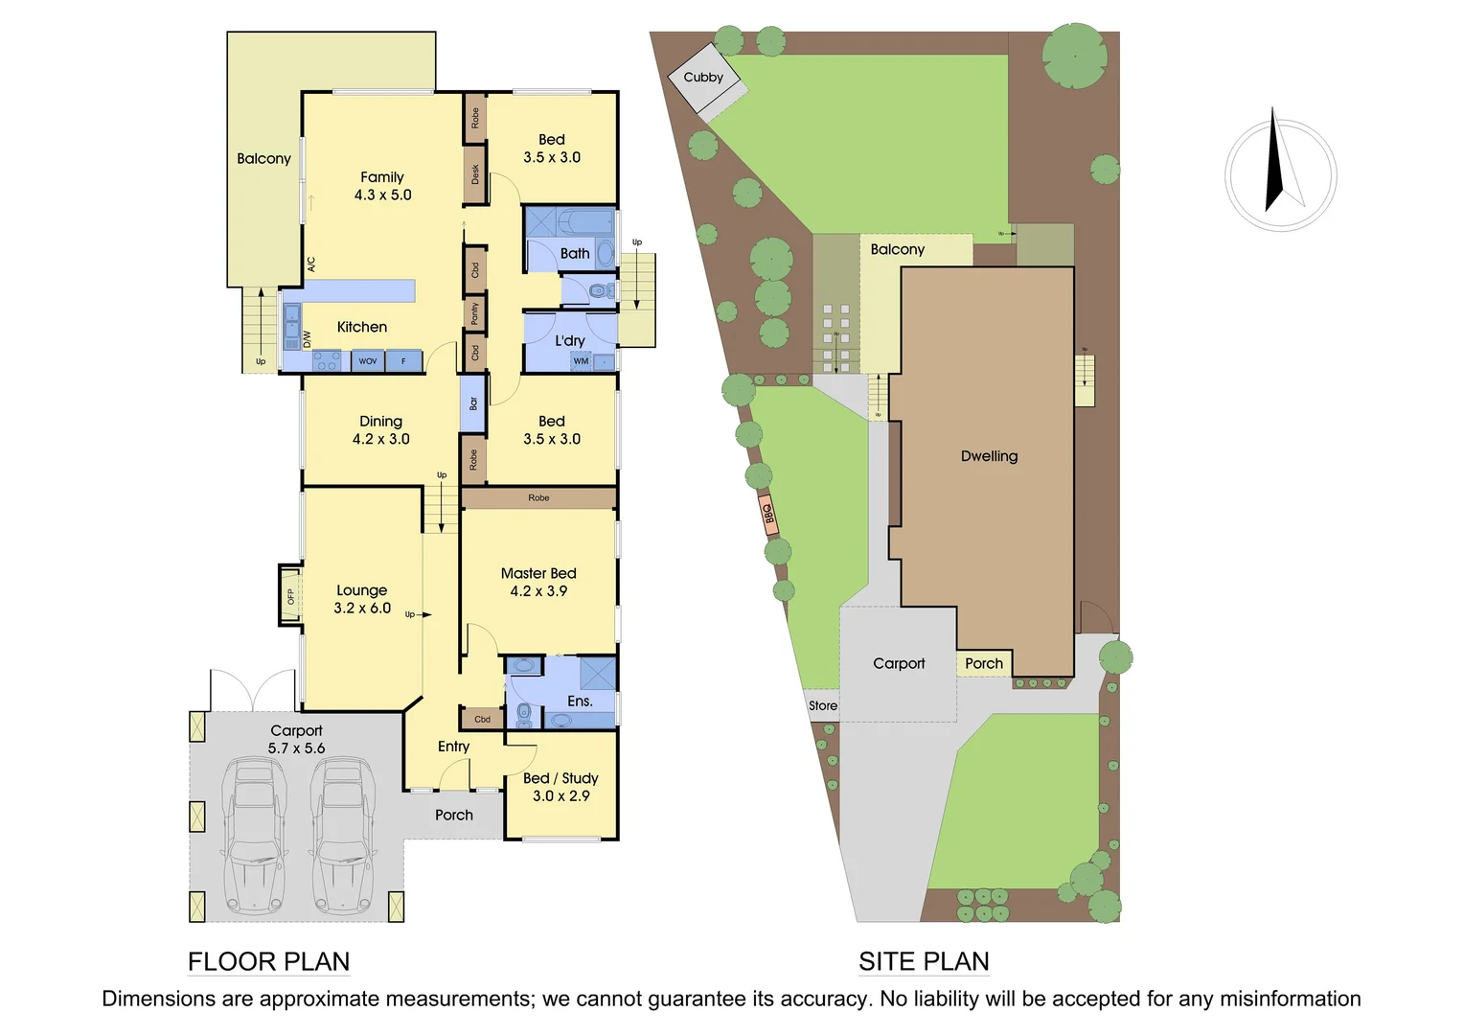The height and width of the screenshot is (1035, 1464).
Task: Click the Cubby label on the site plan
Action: point(703,78)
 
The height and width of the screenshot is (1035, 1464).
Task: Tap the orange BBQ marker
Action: point(767,514)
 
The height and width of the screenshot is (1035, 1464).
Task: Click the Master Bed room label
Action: point(538,573)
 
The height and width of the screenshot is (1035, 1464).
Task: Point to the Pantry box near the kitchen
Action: point(474,313)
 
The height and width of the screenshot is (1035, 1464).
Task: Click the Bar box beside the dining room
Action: point(473,403)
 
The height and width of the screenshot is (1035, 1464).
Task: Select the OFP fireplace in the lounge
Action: point(290,595)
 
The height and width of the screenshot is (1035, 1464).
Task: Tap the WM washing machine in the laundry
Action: point(581,361)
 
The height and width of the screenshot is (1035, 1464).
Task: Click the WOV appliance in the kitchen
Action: point(368,361)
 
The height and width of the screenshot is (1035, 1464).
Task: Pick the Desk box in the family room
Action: point(475,174)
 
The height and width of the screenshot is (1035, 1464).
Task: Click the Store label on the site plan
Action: point(823,705)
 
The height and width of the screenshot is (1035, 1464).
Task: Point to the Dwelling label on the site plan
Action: point(989,456)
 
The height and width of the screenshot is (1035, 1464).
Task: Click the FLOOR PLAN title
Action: point(268,961)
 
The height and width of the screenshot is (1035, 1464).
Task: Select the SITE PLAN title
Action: point(924,961)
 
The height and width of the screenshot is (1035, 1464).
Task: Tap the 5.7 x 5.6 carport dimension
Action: point(296,748)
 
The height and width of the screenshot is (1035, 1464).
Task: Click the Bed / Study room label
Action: point(560,778)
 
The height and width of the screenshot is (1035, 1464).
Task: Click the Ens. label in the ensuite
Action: point(580,701)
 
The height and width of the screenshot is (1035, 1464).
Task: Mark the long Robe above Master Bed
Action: point(538,497)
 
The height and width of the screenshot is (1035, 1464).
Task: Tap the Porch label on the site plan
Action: point(984,663)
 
